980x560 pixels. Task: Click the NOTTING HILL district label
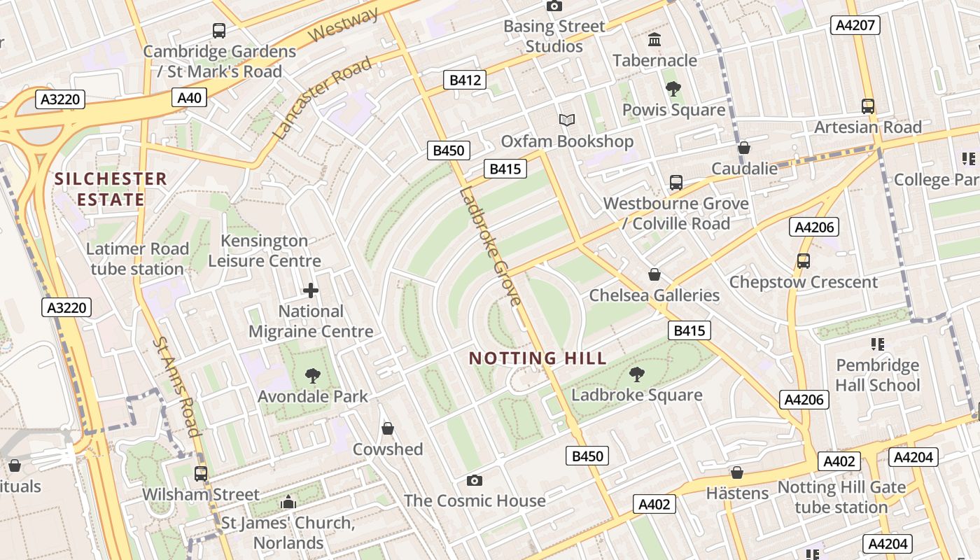pos(538,358)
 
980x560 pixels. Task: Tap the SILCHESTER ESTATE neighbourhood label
pos(111,189)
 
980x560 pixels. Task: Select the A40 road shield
pos(190,97)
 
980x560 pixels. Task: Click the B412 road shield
pos(465,80)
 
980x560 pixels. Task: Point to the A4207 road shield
pos(855,25)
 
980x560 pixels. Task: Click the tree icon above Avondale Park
pos(312,377)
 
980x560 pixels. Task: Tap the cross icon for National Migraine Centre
pos(311,290)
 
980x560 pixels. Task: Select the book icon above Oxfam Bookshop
pos(567,120)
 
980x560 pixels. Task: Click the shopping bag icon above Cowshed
pos(388,428)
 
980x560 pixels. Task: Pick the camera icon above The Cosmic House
pos(475,480)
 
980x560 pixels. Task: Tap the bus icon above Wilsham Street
pos(201,474)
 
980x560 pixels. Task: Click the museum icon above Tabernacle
pos(654,39)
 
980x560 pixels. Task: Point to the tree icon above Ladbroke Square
pos(636,374)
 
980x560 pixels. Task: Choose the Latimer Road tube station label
pos(137,258)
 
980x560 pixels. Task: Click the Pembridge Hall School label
pos(877,375)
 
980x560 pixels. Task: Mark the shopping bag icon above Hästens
pos(737,472)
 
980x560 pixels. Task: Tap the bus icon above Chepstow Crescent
pos(803,261)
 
